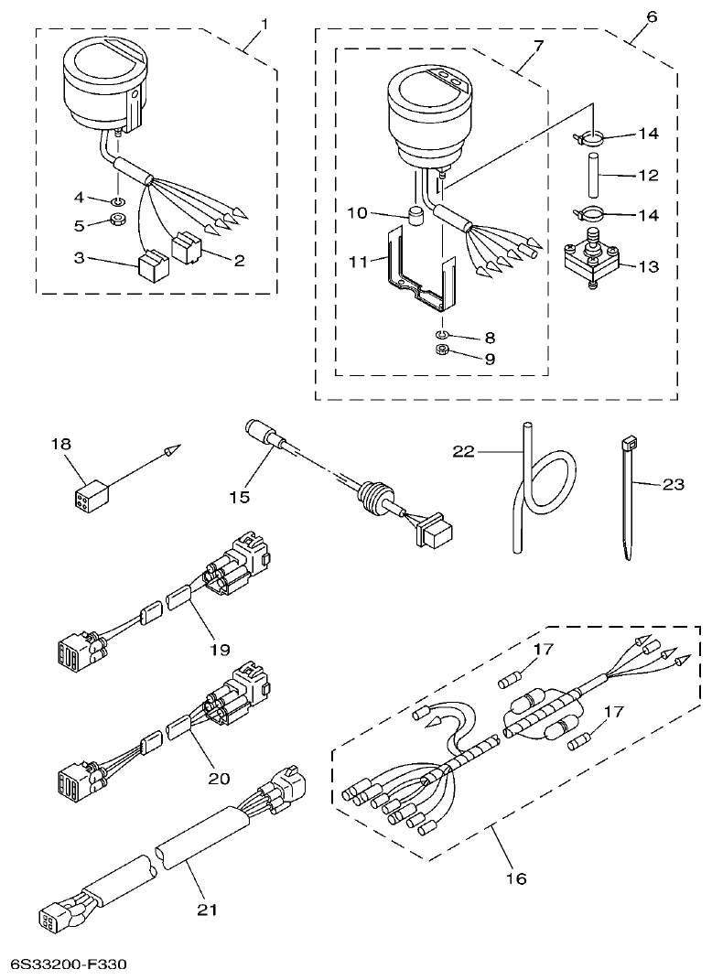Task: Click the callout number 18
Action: point(60,444)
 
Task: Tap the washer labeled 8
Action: point(441,335)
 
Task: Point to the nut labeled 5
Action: point(119,221)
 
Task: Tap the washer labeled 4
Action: point(120,200)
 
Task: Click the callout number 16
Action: point(516,878)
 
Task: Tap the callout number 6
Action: point(652,17)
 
